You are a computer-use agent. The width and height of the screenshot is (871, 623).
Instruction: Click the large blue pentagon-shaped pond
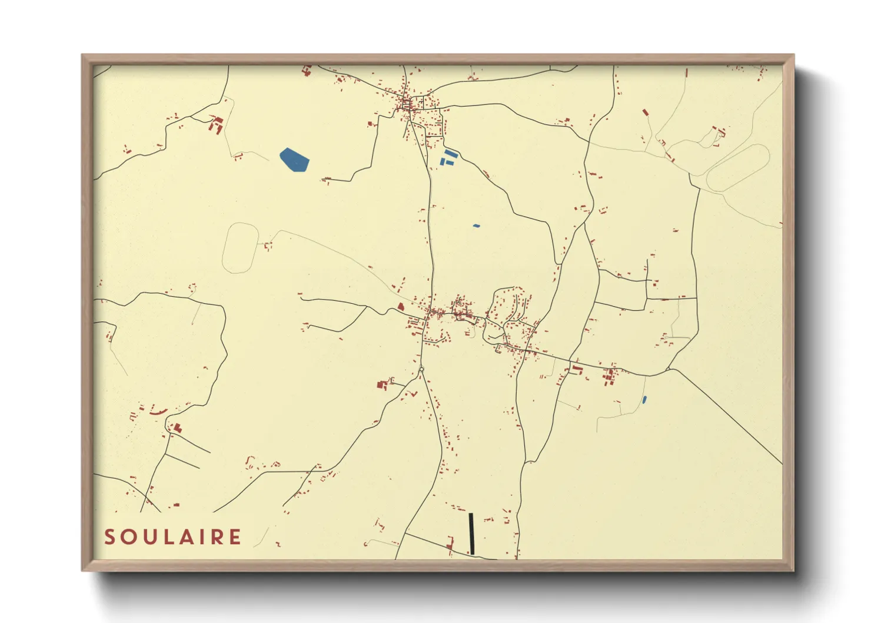[x=294, y=160]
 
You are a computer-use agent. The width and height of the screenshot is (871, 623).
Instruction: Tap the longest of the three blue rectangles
[x=450, y=153]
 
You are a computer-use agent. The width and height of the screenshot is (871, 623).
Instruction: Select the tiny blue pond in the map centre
[x=476, y=226]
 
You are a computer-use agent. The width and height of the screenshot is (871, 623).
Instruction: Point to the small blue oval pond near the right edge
[x=644, y=400]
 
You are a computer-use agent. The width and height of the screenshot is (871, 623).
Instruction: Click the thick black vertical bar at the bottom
[x=471, y=533]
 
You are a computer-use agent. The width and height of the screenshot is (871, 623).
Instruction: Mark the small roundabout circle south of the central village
[x=421, y=370]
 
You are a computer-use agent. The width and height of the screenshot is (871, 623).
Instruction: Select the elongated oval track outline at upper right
[x=738, y=168]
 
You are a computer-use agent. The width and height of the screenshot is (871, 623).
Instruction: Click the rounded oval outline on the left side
[x=240, y=247]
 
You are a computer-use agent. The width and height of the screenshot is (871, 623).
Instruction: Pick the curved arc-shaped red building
[x=159, y=412]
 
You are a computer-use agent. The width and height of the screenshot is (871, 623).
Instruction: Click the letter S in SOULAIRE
[x=109, y=537]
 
